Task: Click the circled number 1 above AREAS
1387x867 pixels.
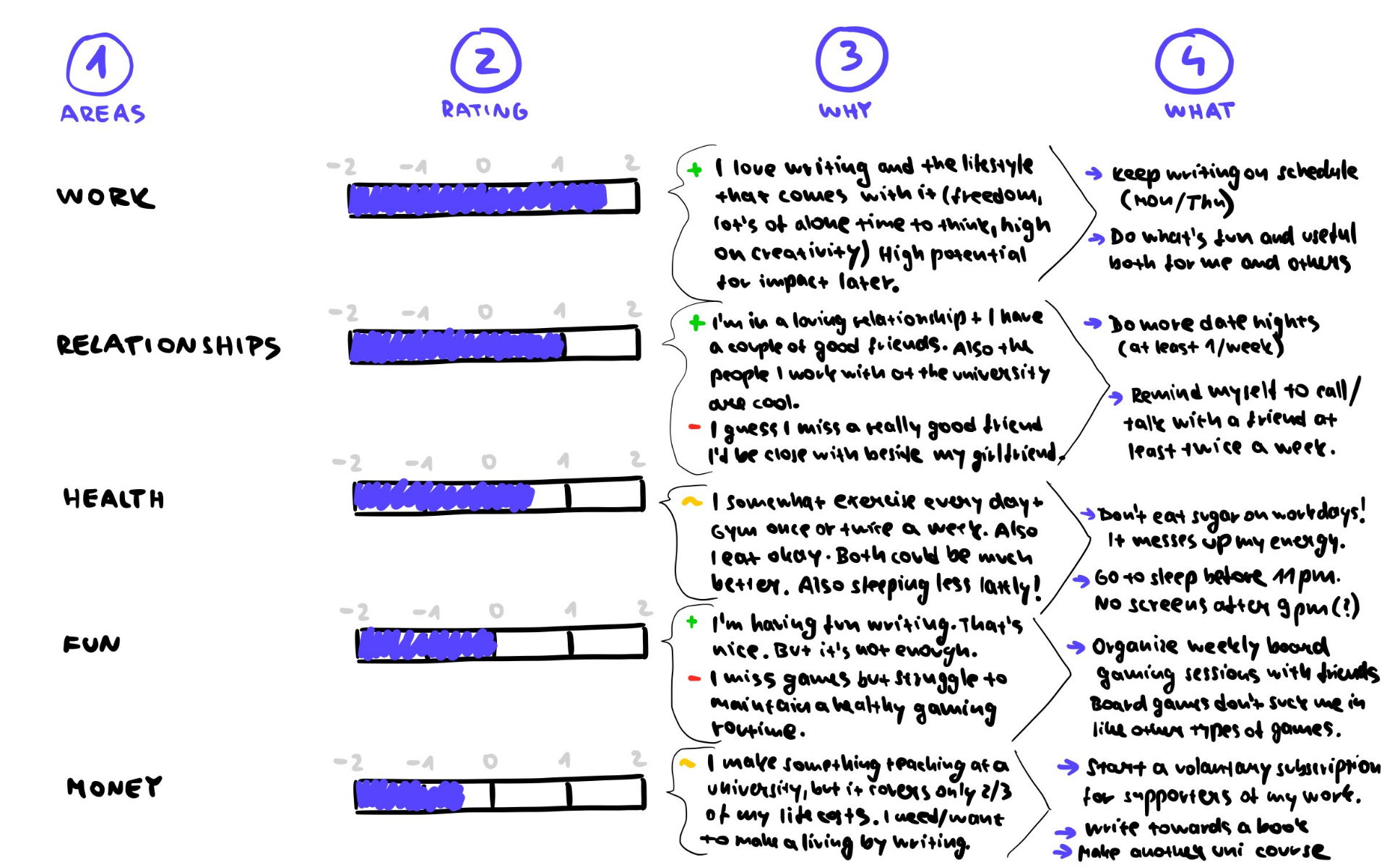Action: point(99,64)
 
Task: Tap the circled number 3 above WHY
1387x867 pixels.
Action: point(851,58)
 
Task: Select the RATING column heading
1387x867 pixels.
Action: point(485,110)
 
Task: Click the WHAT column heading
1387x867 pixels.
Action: point(1199,111)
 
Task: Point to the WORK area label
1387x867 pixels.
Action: point(105,197)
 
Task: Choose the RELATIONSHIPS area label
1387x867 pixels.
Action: point(168,345)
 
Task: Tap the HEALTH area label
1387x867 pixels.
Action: point(114,499)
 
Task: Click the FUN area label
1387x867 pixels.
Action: point(92,644)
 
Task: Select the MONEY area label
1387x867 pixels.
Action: point(114,787)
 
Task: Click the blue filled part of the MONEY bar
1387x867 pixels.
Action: point(409,795)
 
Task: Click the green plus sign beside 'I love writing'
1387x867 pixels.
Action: point(694,170)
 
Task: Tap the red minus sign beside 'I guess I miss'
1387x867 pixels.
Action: point(694,427)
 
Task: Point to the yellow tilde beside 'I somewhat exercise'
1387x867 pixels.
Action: point(691,501)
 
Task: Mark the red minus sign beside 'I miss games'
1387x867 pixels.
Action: point(694,678)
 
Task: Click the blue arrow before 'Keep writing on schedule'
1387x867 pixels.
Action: point(1094,173)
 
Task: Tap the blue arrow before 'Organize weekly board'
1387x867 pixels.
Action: point(1076,647)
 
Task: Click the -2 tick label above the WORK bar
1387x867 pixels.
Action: point(342,167)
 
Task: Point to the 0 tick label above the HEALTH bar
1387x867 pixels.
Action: point(489,461)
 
